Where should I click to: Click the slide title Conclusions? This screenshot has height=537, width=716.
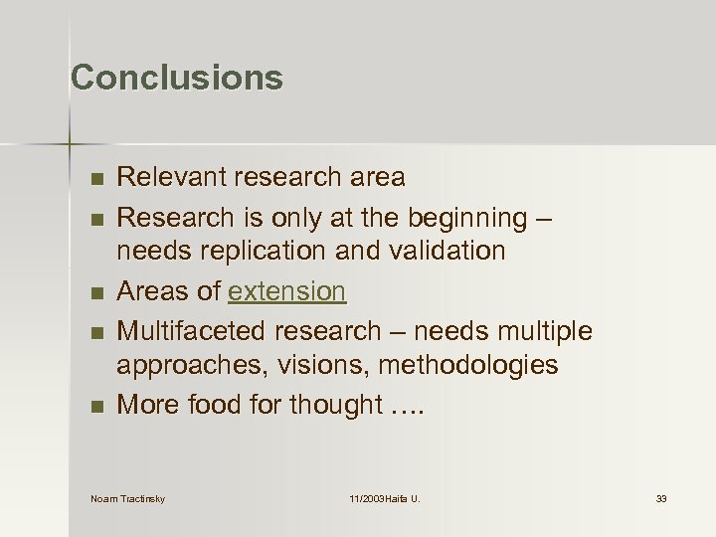click(x=177, y=78)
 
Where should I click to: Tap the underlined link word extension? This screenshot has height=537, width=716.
click(x=286, y=291)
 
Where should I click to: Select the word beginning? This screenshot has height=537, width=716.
click(x=476, y=217)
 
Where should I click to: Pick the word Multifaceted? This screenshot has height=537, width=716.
click(x=193, y=330)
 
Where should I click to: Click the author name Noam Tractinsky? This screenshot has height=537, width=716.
click(x=127, y=498)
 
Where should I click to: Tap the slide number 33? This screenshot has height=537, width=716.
click(x=661, y=498)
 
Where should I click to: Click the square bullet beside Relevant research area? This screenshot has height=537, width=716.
click(x=94, y=179)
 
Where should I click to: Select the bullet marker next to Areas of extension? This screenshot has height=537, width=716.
click(x=94, y=292)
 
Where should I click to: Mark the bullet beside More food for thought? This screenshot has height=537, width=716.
click(x=94, y=406)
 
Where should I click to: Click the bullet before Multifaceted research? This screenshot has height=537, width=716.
click(x=94, y=331)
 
